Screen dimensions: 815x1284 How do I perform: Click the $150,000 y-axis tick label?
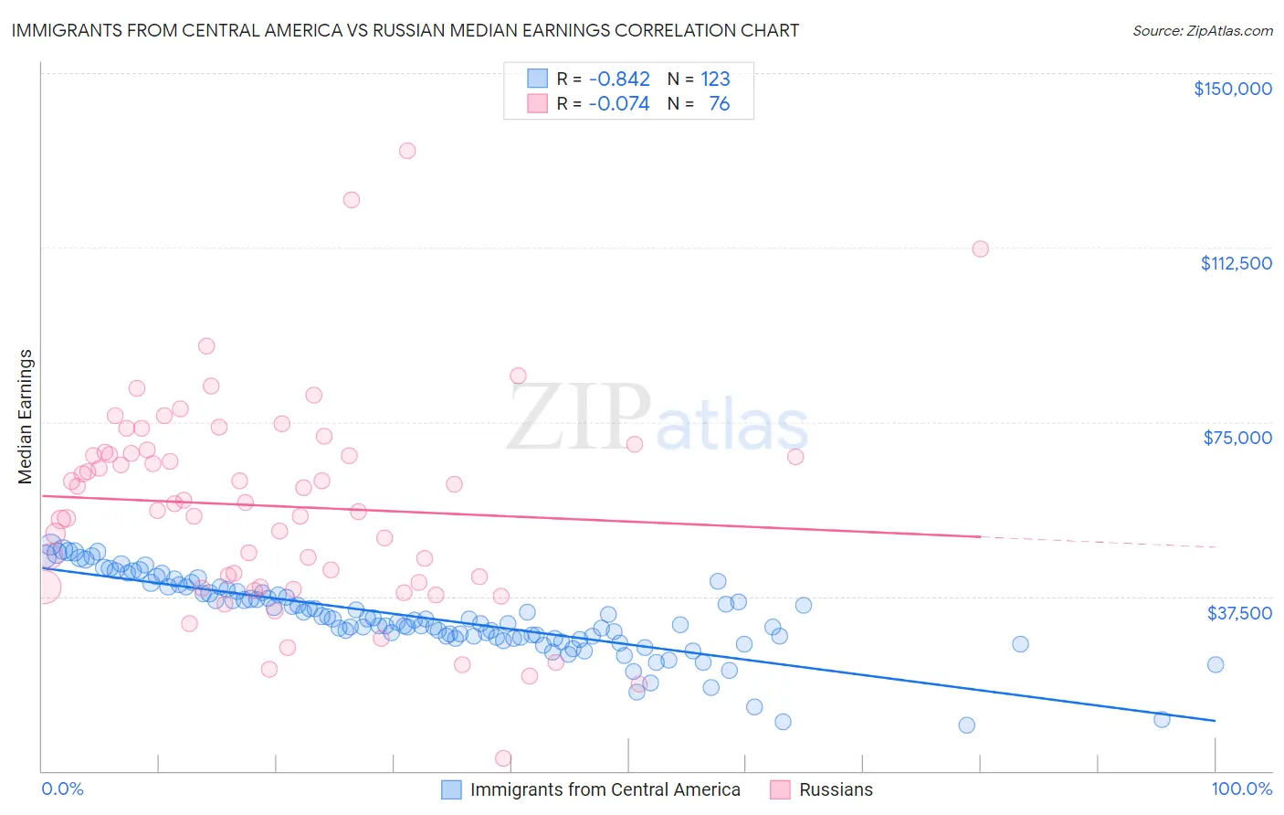coord(1232,89)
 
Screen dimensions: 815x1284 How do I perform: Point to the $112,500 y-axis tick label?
coord(1236,263)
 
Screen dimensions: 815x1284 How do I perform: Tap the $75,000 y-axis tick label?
coord(1237,438)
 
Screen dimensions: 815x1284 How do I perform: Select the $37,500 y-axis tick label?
coord(1239,613)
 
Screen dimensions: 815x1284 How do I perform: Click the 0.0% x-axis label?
coord(62,789)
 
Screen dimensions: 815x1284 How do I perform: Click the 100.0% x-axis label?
coord(1241,789)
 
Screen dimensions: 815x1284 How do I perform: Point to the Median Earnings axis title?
coord(26,417)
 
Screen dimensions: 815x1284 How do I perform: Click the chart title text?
coord(405,30)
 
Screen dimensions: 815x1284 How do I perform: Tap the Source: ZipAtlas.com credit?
coord(1202,31)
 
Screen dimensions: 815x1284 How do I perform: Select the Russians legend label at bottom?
coord(836,790)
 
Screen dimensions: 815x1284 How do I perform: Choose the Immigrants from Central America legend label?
coord(605,790)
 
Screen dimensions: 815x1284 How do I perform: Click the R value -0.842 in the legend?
coord(619,79)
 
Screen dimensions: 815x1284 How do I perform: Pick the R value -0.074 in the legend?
coord(619,104)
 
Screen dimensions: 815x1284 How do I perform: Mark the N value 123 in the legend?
coord(715,79)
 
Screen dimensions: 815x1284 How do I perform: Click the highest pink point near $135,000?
coord(407,151)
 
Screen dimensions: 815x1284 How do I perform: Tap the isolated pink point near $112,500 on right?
coord(980,249)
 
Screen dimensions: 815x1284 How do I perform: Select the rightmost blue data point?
coord(1215,664)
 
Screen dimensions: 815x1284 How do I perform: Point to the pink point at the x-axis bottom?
coord(502,758)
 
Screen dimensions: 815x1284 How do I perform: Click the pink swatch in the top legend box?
coord(537,104)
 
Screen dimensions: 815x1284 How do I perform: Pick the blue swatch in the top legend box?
coord(537,79)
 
